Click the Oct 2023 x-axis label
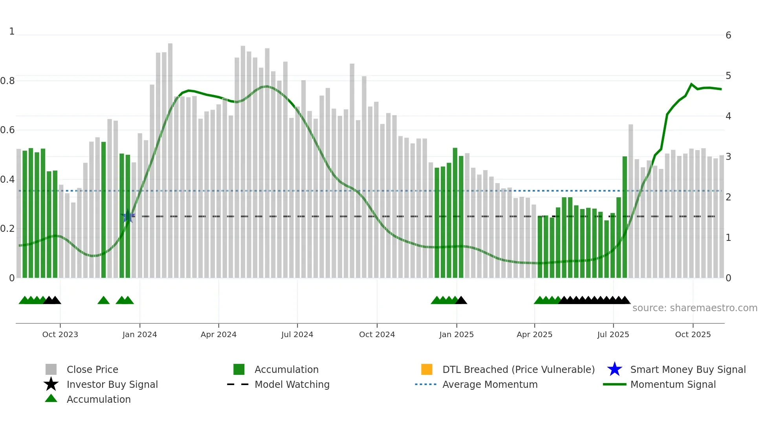click(x=60, y=334)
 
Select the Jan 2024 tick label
click(x=139, y=334)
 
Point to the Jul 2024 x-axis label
click(x=297, y=334)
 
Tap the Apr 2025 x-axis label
click(x=534, y=334)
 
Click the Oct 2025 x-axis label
click(x=693, y=334)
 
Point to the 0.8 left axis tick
click(x=7, y=81)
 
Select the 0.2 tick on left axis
click(x=7, y=229)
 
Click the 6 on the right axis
click(x=728, y=35)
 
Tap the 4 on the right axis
click(x=728, y=116)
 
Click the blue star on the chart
click(x=128, y=216)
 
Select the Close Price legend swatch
click(x=51, y=369)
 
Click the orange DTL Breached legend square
click(x=427, y=369)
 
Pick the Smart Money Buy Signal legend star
click(x=614, y=369)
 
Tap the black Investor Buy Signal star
click(x=51, y=384)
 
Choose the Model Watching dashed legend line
click(x=238, y=384)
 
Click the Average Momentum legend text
click(x=490, y=384)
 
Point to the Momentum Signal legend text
click(x=673, y=384)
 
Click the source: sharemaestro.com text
click(x=695, y=308)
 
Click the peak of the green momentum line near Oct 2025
click(x=691, y=84)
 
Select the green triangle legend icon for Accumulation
click(x=51, y=399)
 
